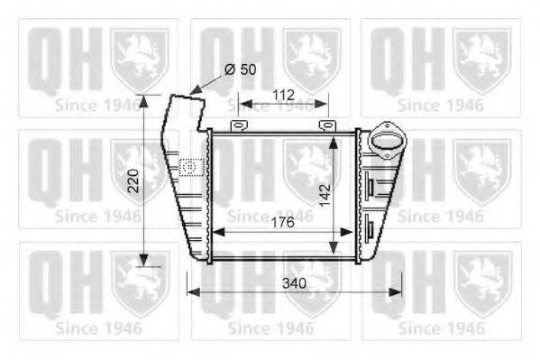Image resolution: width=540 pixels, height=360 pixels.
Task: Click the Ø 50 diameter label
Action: coord(239,70)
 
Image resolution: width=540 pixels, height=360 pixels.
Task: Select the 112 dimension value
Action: coord(283,95)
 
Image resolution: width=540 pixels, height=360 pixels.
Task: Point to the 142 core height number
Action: coord(325,193)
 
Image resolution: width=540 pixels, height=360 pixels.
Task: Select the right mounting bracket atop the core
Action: coord(325,125)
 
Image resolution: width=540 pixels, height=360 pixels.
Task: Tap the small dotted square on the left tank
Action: coord(190,166)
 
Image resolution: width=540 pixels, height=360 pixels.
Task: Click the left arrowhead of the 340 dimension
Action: coord(190,291)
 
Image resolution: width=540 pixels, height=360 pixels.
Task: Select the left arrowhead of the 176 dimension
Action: coord(215,231)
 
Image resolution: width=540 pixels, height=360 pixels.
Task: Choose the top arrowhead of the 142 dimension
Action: coord(335,134)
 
